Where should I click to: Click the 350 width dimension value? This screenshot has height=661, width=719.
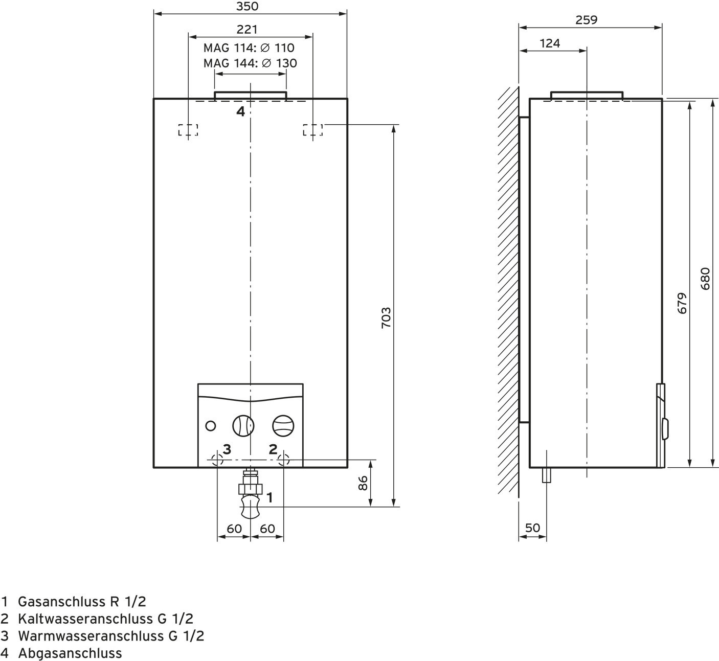tap(248, 7)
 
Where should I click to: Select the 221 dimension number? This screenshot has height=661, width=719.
tap(247, 30)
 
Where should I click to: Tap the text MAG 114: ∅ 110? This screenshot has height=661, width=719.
tap(249, 48)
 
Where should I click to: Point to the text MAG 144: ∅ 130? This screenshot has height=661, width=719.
tap(250, 63)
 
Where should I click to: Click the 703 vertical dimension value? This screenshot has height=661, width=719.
tap(386, 317)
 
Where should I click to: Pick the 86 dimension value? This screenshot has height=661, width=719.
tap(363, 483)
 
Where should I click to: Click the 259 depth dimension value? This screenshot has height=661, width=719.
tap(586, 20)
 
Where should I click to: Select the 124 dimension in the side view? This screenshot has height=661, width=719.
tap(550, 43)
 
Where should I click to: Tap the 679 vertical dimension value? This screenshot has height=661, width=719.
tap(682, 303)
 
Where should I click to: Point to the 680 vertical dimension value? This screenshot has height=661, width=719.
tap(705, 279)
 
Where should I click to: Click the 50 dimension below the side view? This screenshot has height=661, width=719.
tap(532, 528)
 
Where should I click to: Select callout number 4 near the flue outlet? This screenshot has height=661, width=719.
tap(240, 111)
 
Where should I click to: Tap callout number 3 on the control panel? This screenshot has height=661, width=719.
tap(227, 449)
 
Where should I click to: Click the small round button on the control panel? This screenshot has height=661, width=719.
tap(210, 425)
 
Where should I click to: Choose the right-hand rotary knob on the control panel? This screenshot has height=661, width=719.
tap(283, 425)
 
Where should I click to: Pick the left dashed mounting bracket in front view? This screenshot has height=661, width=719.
tap(188, 130)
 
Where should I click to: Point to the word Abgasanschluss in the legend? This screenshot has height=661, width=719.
tap(70, 653)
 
